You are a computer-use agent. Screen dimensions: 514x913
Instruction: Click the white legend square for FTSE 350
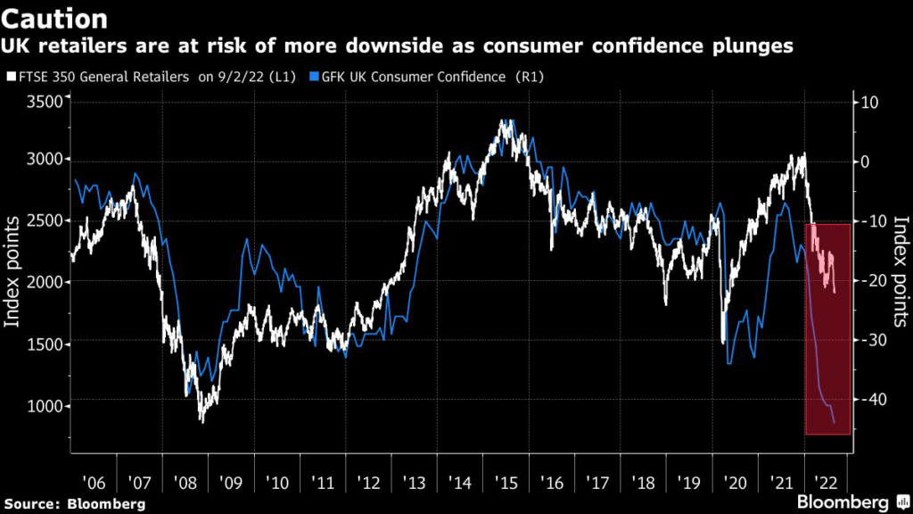point(11,77)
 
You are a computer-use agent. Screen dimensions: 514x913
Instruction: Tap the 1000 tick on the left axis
point(44,406)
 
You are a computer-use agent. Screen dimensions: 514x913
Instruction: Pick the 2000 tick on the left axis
point(44,282)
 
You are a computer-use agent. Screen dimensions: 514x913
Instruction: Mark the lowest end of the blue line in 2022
point(835,423)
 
